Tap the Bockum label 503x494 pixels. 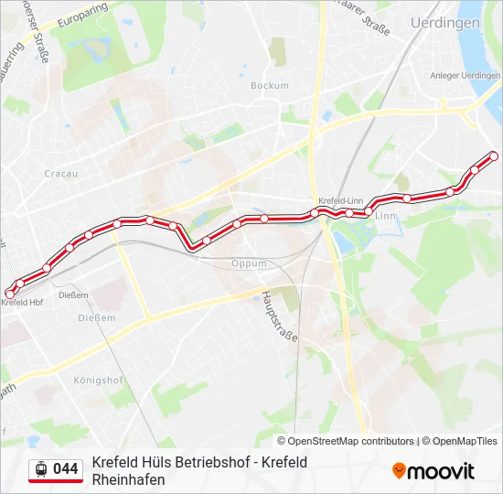click(x=269, y=86)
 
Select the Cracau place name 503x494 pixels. click(x=61, y=173)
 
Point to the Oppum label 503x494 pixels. click(x=249, y=263)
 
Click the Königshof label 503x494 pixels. click(x=97, y=378)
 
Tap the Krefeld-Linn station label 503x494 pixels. click(x=341, y=200)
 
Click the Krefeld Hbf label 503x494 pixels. click(x=24, y=302)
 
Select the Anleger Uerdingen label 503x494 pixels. click(x=464, y=75)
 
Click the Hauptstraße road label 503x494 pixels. click(x=280, y=317)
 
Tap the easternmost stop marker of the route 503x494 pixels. click(x=494, y=156)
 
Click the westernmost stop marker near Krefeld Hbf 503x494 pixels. click(x=10, y=293)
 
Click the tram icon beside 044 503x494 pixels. click(x=40, y=469)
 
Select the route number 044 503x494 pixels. click(x=66, y=469)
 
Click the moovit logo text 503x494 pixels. click(x=441, y=471)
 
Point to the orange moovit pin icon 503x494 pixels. click(x=399, y=470)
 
